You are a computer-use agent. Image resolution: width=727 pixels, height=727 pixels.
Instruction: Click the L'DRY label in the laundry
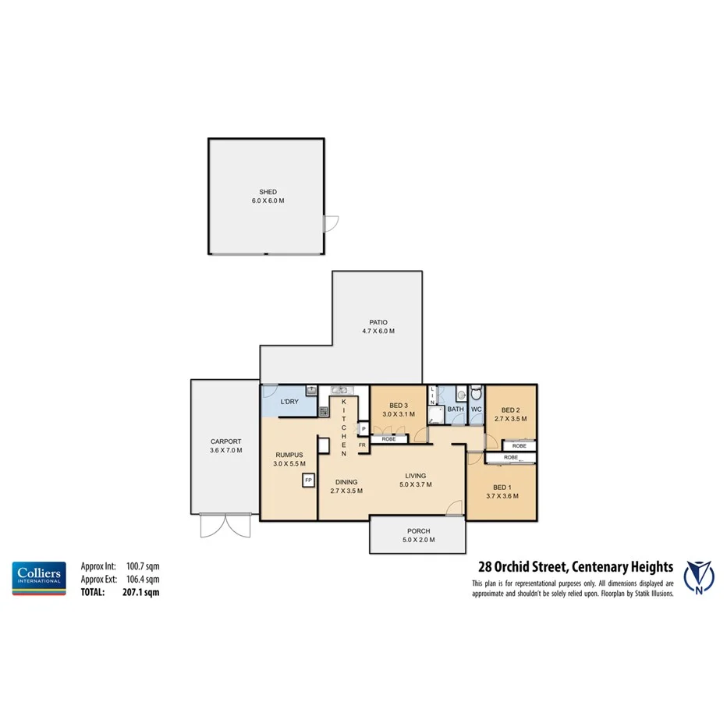coord(289,402)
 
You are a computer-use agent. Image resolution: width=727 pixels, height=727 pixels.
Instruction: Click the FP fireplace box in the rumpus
coord(308,480)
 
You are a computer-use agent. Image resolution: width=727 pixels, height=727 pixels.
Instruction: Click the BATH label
coord(456,409)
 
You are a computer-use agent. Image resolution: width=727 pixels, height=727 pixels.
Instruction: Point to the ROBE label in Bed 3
coord(388,439)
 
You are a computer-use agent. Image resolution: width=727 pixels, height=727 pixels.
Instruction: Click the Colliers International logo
coord(38,577)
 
